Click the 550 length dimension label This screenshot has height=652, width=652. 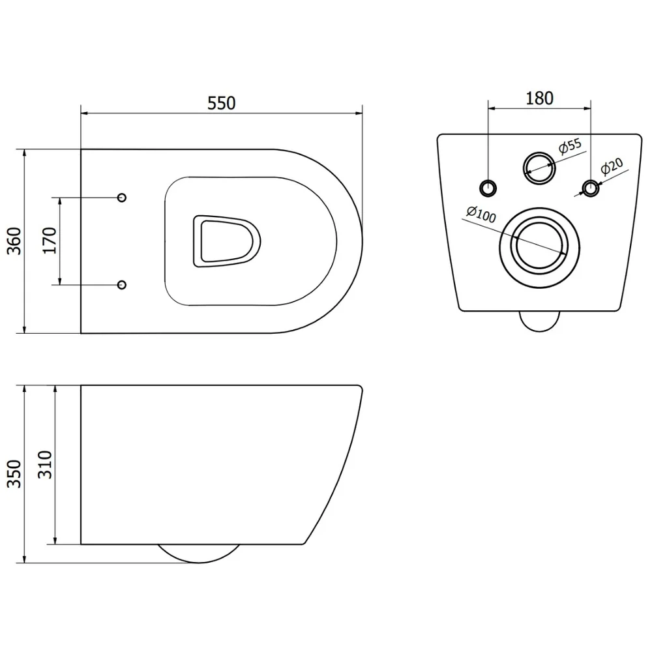[221, 103]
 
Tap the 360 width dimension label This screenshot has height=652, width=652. [14, 241]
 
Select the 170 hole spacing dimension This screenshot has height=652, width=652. [49, 241]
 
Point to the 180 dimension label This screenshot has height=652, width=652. [539, 98]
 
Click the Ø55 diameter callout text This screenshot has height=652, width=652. [570, 146]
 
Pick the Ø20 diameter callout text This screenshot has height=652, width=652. [612, 166]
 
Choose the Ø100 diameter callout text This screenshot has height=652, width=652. [481, 215]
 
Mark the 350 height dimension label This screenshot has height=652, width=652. [14, 473]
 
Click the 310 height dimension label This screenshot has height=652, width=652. [45, 464]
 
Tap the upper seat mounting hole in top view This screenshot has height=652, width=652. [122, 198]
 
